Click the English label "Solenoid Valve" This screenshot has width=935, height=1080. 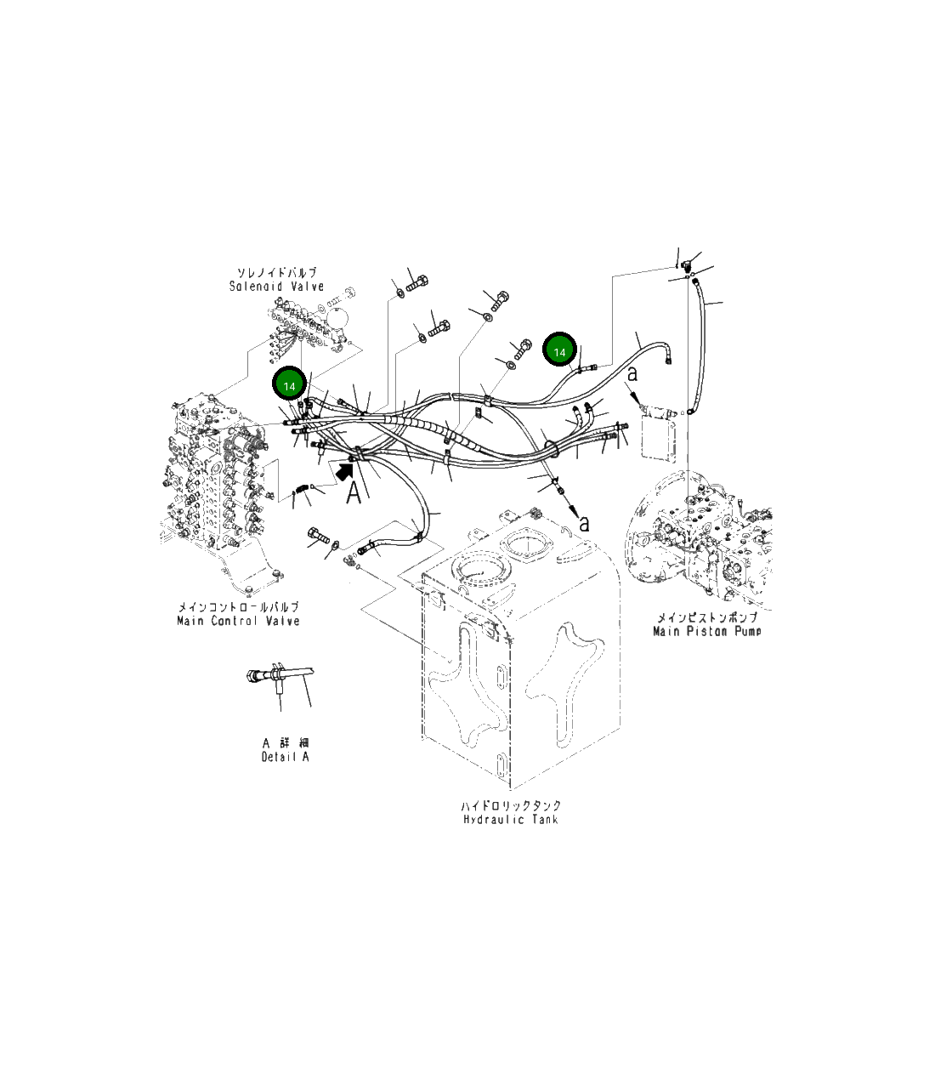(276, 287)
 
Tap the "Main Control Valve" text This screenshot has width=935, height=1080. (238, 621)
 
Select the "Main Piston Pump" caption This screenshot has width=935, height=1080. (707, 631)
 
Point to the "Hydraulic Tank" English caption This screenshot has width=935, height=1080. (511, 820)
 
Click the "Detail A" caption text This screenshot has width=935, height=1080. (286, 757)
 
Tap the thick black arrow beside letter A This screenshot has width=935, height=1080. (344, 469)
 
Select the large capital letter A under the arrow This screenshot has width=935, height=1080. (356, 491)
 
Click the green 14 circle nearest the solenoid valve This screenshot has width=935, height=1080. (289, 385)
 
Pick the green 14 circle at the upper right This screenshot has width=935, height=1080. (560, 350)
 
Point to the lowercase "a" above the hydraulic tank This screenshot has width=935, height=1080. (584, 523)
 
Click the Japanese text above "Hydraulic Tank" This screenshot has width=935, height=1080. (511, 805)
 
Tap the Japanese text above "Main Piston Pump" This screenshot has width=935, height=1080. (707, 617)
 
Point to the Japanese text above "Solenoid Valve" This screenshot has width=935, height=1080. (276, 273)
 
